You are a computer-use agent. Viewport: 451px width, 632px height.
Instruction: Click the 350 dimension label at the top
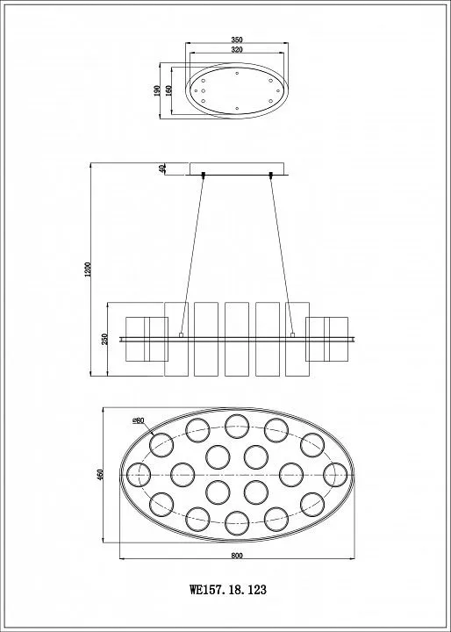pos(237,39)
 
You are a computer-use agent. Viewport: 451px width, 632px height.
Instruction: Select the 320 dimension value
pos(237,49)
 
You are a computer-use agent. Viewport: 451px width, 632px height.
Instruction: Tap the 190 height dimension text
pos(157,90)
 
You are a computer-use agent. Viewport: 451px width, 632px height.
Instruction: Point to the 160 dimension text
pos(168,90)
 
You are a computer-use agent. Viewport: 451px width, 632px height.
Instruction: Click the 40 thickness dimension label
pos(163,169)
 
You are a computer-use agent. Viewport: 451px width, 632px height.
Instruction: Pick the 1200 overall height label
pos(89,269)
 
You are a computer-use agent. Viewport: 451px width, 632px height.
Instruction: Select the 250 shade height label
pos(104,339)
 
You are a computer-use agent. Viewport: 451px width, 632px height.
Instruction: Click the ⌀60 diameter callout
pos(139,420)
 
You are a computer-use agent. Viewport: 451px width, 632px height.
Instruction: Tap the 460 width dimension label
pos(101,474)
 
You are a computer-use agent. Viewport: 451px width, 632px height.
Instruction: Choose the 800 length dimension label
pos(237,556)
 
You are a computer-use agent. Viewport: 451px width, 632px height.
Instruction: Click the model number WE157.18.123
pos(228,590)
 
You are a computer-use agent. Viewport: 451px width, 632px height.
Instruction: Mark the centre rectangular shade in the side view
pos(237,340)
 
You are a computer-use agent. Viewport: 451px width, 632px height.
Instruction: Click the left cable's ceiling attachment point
pos(204,175)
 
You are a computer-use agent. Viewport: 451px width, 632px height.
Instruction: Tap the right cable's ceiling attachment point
pos(271,175)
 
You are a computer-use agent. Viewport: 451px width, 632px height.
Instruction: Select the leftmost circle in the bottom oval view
pos(139,474)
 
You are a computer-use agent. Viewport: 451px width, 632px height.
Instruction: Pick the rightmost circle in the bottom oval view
pos(335,475)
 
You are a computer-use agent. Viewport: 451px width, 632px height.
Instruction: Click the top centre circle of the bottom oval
pos(237,427)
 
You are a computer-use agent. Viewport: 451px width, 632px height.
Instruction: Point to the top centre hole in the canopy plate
pos(237,73)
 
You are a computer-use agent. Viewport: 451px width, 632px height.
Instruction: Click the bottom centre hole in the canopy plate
pos(237,109)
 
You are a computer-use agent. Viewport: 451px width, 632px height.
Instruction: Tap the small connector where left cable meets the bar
pos(181,334)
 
